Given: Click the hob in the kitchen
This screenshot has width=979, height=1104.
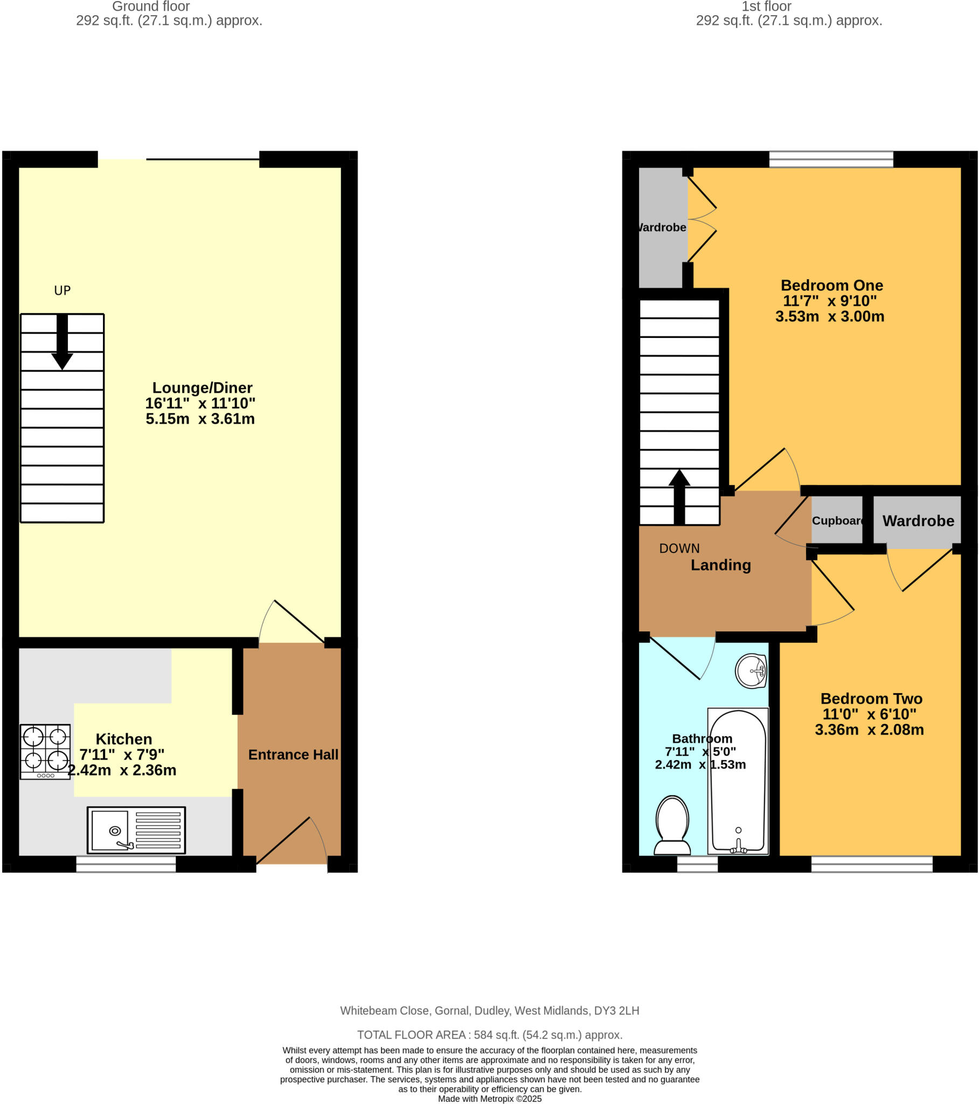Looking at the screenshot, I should point(45,751).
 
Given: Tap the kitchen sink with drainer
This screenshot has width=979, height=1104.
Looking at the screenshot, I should point(136,830).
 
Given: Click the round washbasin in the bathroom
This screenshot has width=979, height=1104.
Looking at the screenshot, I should point(751,671).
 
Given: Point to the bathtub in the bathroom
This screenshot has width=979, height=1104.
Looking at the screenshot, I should point(738,781).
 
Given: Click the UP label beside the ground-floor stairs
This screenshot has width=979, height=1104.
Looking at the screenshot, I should point(62,291).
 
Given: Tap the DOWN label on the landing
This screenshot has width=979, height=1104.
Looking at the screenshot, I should point(679,548).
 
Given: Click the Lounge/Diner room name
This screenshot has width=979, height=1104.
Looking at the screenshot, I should point(202,388).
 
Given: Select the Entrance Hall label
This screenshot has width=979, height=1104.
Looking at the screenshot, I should point(293,755).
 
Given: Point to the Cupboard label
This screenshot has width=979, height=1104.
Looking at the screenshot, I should point(837,521).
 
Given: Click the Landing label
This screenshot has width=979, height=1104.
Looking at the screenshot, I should point(721,565).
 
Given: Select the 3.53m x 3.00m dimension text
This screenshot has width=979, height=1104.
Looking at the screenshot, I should point(829,316).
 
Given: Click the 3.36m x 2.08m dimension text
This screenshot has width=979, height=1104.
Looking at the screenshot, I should point(869,730).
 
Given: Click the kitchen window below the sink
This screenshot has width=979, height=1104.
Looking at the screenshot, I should point(126,864).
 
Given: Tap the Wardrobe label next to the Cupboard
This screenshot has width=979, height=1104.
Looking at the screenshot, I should point(918,521).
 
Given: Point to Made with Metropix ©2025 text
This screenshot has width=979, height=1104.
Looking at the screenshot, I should point(489,1099).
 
